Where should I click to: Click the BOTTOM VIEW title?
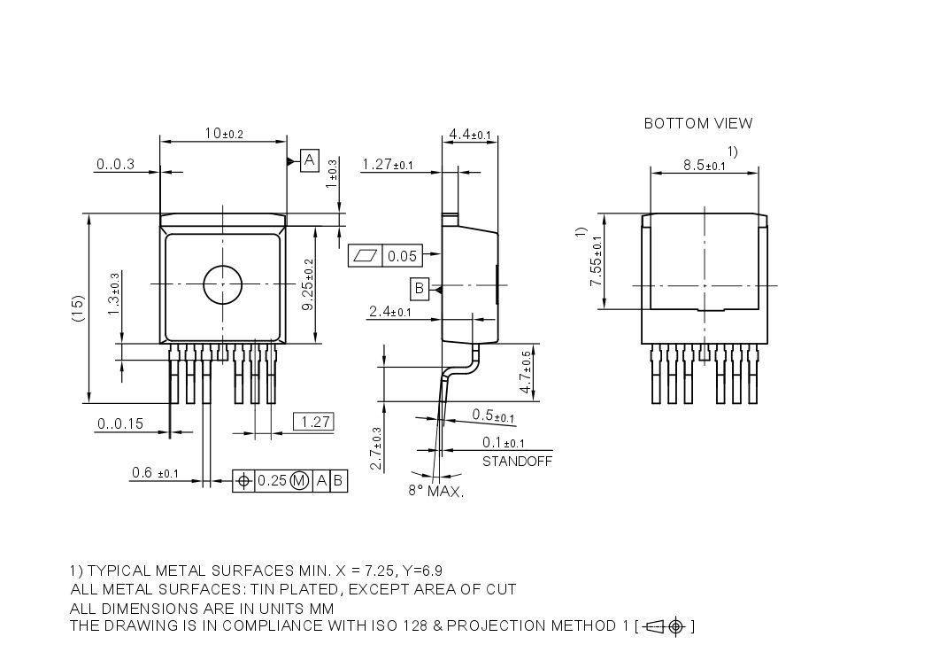(x=697, y=123)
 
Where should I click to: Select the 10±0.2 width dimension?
(x=223, y=133)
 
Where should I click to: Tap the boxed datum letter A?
(x=310, y=160)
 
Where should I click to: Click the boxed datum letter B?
(x=420, y=288)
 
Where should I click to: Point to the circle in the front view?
(x=222, y=283)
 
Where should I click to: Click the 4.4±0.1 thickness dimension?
(x=470, y=134)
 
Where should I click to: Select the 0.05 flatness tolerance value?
(x=402, y=256)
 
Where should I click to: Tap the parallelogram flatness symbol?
(x=366, y=256)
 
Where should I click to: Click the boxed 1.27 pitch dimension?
(x=313, y=422)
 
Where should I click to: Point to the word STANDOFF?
(x=517, y=462)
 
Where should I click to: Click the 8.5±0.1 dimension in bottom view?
(x=703, y=166)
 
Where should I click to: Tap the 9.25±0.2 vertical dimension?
(x=308, y=285)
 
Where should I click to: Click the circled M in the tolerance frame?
(x=299, y=480)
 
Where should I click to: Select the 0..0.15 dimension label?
(x=120, y=423)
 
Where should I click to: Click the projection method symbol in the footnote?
(x=666, y=627)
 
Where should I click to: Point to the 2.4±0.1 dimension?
(x=389, y=312)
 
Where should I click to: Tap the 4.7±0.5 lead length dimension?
(x=526, y=372)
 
